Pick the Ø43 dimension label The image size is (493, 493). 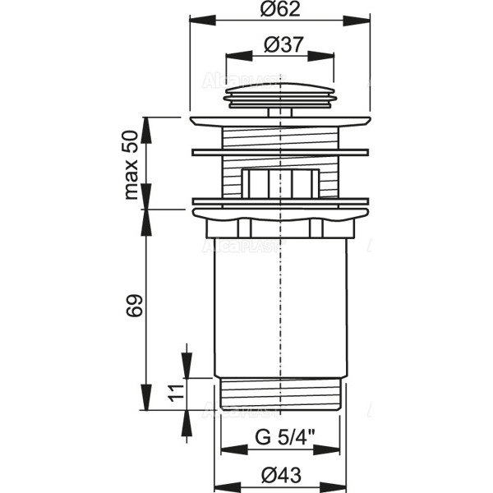pos(281,475)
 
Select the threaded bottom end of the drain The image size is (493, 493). pos(281,393)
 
